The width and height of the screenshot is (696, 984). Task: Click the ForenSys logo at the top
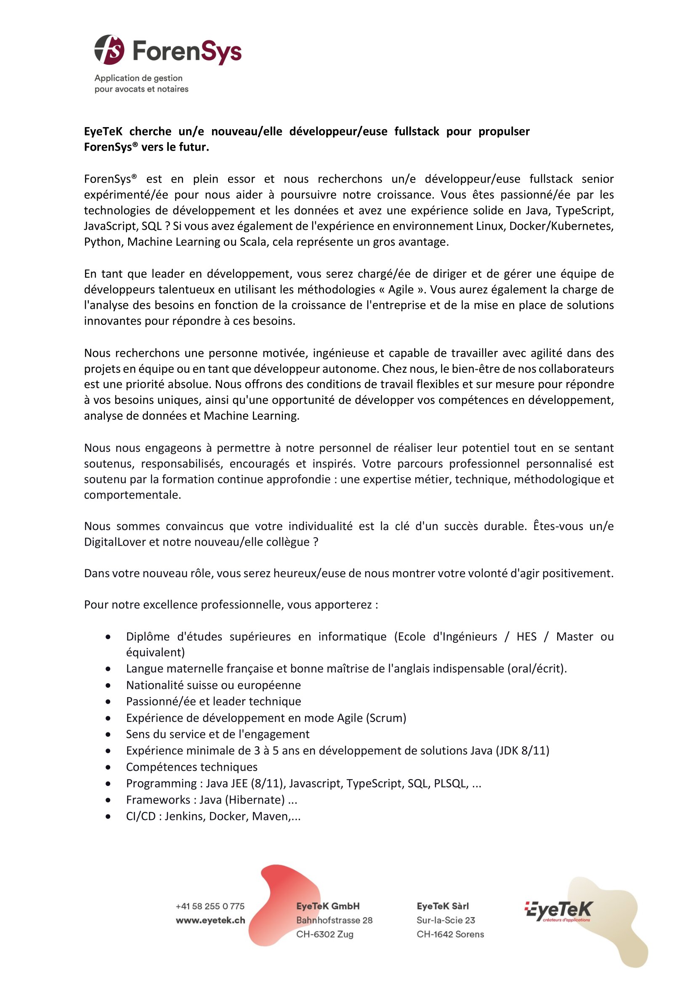[x=167, y=50]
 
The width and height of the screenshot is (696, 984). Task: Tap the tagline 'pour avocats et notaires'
[x=141, y=89]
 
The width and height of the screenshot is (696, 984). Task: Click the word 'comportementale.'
[x=133, y=495]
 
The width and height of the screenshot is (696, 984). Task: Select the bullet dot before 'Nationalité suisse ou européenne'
[x=109, y=685]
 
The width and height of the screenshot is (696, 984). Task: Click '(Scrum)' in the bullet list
[x=386, y=718]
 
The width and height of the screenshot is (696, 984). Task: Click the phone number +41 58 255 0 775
[x=210, y=907]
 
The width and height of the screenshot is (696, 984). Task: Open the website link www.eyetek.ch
[x=210, y=920]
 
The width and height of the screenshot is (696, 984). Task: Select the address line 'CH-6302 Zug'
[x=324, y=934]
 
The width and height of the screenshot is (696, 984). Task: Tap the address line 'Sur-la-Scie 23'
[x=446, y=920]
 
